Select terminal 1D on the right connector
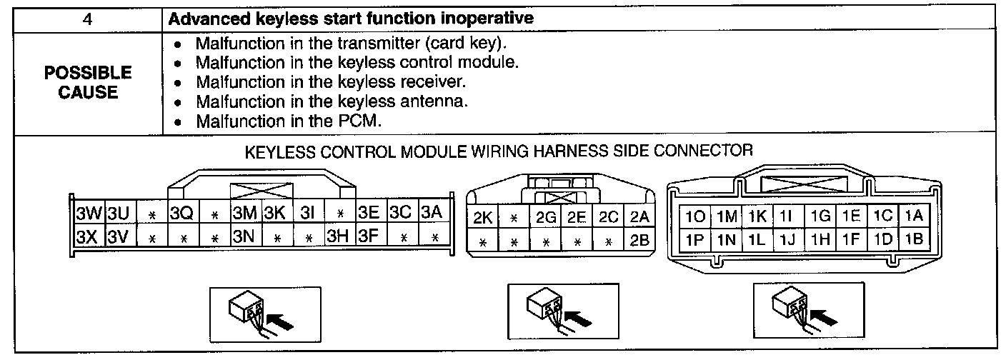tap(882, 241)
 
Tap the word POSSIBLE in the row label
tap(88, 73)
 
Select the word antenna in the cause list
tap(431, 101)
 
